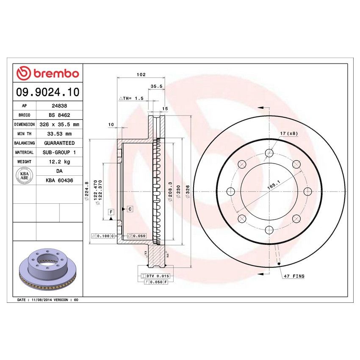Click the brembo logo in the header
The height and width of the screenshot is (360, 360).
[48, 73]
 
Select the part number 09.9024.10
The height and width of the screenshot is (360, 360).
[48, 91]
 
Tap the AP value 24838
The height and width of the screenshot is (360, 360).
[58, 106]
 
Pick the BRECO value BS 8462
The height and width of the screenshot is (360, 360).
[59, 115]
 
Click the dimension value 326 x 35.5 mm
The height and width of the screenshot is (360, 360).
[59, 125]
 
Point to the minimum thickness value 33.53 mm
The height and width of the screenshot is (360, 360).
[59, 134]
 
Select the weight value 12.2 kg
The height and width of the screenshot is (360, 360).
[59, 161]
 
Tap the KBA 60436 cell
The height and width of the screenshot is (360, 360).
[59, 180]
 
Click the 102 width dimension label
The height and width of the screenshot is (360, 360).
[141, 75]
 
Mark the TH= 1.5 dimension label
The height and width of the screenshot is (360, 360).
[132, 98]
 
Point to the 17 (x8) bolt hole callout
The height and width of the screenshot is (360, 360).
[289, 133]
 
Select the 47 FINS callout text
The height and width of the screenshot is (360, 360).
[294, 276]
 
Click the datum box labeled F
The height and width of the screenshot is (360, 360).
[111, 211]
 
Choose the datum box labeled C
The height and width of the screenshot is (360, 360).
[130, 209]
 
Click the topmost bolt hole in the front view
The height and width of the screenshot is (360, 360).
[269, 153]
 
